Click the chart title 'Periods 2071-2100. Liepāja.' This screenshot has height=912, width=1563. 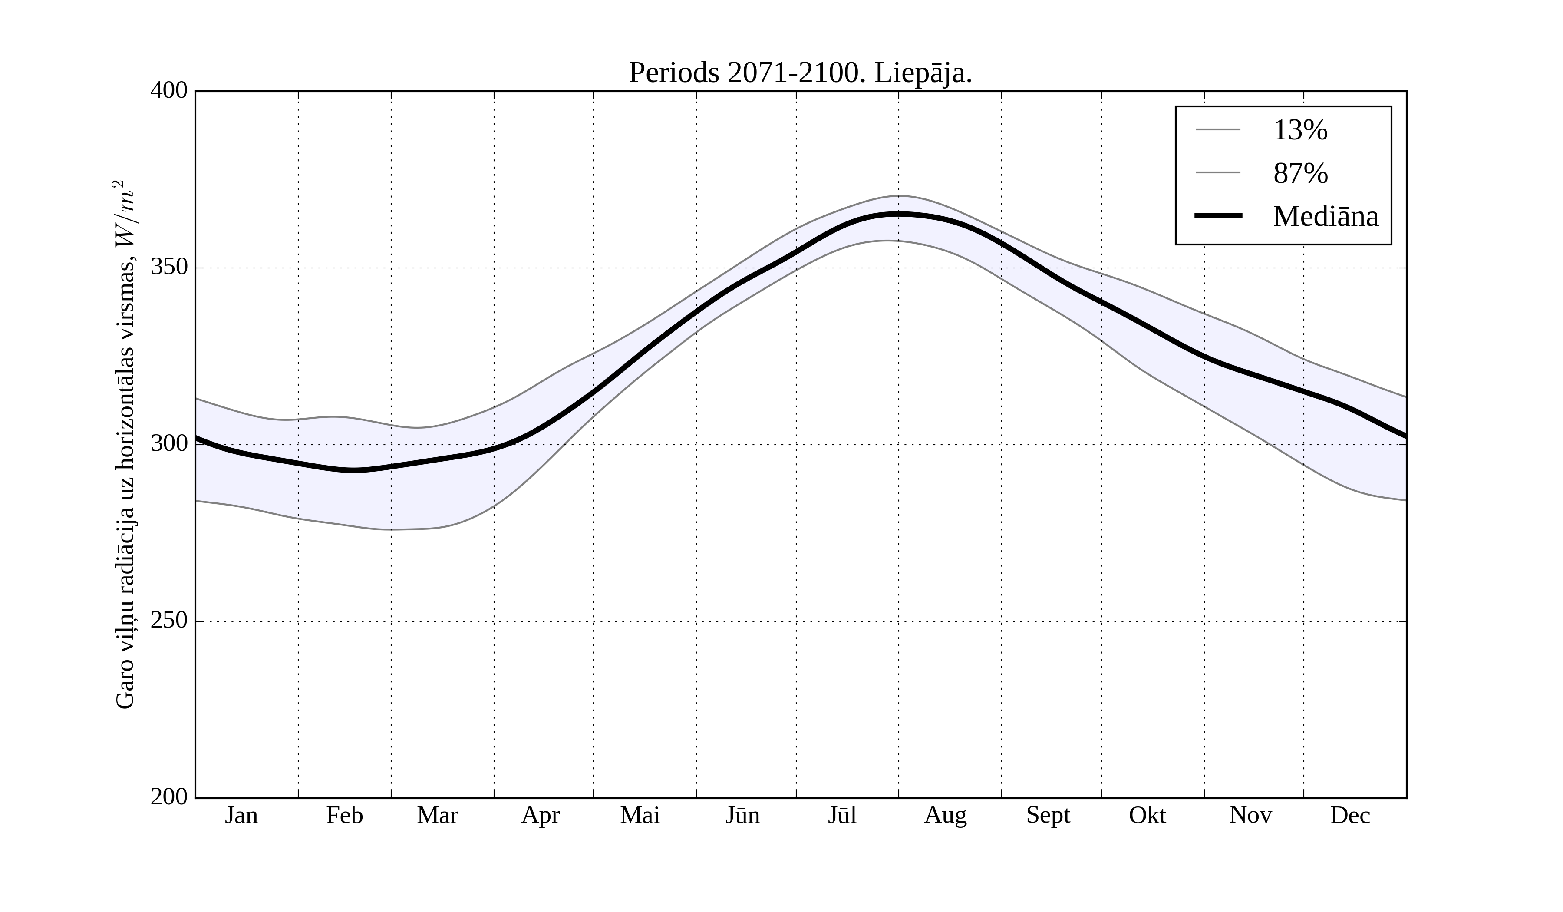pyautogui.click(x=800, y=73)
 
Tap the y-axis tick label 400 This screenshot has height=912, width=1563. pyautogui.click(x=169, y=91)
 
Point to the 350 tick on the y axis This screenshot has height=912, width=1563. pyautogui.click(x=169, y=268)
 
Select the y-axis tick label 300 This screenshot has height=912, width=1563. pyautogui.click(x=169, y=444)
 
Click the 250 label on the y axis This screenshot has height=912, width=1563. pyautogui.click(x=169, y=621)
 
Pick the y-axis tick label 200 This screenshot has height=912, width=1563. pyautogui.click(x=169, y=797)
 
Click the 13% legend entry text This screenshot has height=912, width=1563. pyautogui.click(x=1300, y=130)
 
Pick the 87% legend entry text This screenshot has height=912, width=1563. pyautogui.click(x=1300, y=173)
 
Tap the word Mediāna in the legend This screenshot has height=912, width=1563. pyautogui.click(x=1326, y=217)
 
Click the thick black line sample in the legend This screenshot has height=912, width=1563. pyautogui.click(x=1218, y=216)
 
